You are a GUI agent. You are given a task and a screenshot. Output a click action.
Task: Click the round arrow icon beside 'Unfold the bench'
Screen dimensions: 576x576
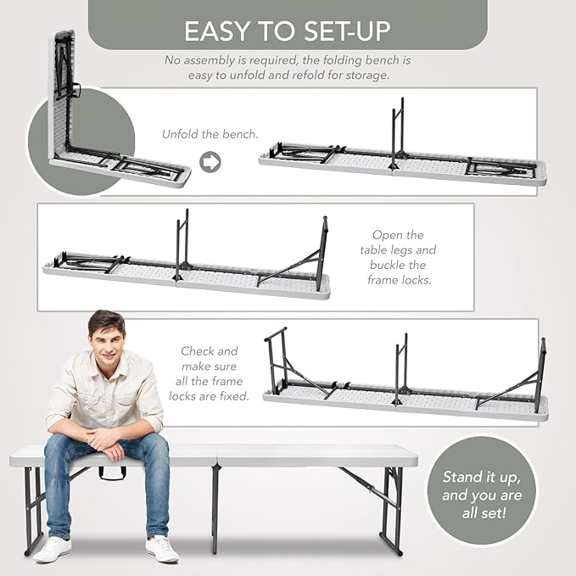[x=210, y=162]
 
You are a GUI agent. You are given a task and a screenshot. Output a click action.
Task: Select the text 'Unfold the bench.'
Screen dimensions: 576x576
[x=210, y=134]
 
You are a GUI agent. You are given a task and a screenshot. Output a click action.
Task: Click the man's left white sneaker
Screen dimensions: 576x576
[x=162, y=549]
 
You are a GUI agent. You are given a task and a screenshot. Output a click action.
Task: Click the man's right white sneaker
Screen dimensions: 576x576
[x=52, y=550]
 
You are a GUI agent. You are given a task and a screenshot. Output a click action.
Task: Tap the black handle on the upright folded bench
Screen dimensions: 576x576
[x=76, y=90]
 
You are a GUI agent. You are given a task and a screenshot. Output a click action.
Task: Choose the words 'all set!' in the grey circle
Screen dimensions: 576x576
[x=484, y=513]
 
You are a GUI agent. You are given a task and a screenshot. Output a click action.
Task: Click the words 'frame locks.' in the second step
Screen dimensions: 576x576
[x=400, y=280]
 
